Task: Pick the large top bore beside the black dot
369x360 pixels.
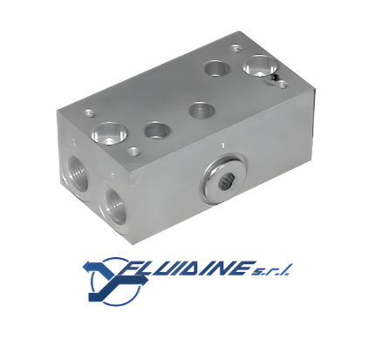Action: [259, 65]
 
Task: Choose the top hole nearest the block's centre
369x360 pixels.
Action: [202, 111]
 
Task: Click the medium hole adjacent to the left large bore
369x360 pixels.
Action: [157, 130]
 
